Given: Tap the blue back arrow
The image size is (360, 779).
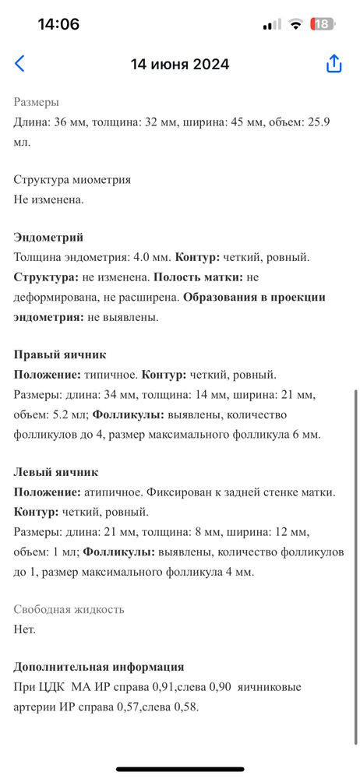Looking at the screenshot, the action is pos(19,64).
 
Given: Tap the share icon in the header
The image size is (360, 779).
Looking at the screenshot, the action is pos(334,64).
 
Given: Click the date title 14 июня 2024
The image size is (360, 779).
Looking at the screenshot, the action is pos(180,65).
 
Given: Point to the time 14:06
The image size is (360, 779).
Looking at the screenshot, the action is pos(58,24).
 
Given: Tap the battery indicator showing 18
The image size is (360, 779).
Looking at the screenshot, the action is pos(323,24).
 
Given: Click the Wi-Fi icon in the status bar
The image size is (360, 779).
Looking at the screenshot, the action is pos(295,24).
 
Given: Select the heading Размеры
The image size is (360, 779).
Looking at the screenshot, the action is pos(36,102).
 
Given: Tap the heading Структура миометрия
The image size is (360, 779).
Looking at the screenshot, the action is pos(72,179).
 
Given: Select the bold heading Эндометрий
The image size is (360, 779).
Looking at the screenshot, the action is pos(48,238).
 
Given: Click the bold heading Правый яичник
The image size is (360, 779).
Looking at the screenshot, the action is pos(60,354).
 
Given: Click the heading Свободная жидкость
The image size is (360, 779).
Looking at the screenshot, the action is pos(69,609).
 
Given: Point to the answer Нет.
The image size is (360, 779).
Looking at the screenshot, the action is pos(25,629).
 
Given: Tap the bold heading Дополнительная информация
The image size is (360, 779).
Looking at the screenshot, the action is pos(99,667).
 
